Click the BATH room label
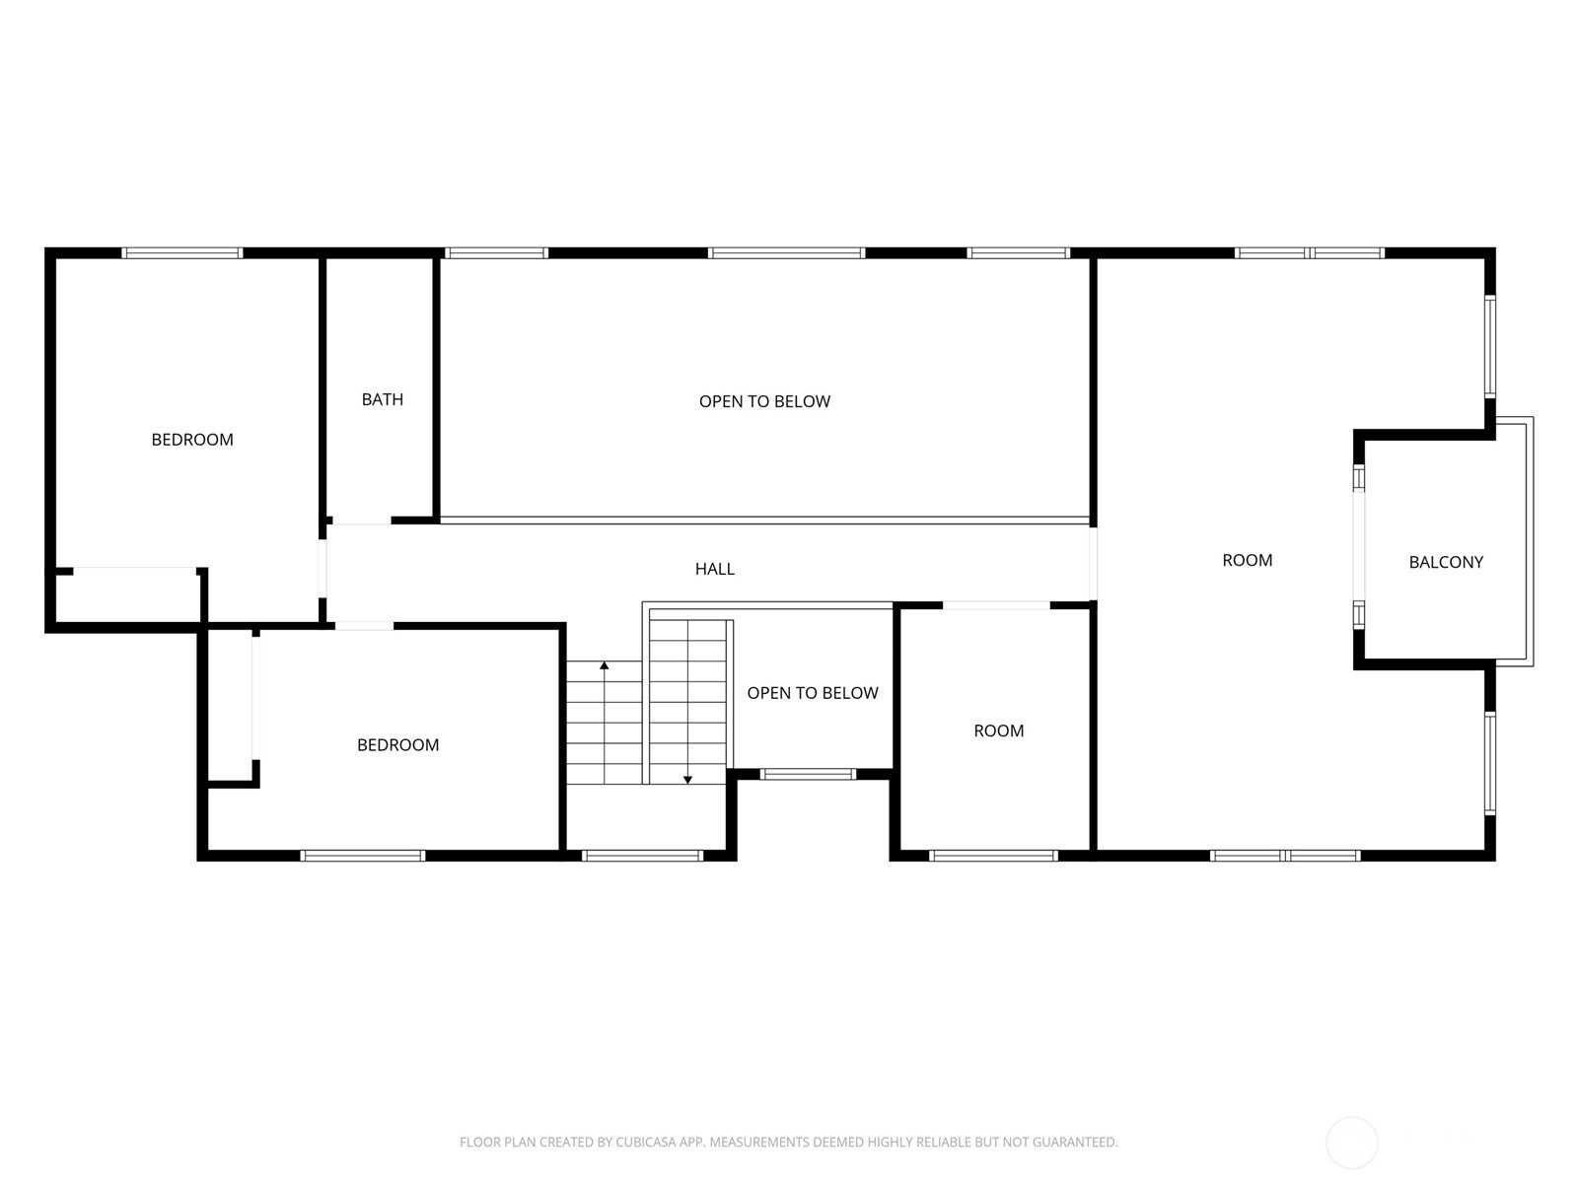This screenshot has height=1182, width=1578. (382, 399)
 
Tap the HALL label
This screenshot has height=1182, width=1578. (714, 569)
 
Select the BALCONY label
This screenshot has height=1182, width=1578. (1445, 562)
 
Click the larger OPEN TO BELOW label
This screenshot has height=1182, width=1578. (764, 401)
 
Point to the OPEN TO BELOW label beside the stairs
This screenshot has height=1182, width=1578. (812, 693)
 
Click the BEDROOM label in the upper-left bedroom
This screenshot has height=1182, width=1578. (192, 440)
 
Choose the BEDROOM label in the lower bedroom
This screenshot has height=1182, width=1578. (397, 745)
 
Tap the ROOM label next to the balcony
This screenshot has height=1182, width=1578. (1247, 560)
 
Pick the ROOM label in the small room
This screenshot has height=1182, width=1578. (998, 730)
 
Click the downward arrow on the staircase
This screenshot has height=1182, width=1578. (687, 779)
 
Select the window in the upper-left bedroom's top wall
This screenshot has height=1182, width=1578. (182, 253)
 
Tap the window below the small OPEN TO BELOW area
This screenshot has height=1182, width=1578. (808, 774)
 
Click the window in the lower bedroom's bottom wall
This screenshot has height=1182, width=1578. (363, 856)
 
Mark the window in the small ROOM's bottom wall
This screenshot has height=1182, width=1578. (993, 856)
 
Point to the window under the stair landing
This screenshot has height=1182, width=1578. (642, 856)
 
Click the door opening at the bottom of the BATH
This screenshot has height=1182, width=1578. (361, 521)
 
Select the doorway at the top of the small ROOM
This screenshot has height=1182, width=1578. (996, 604)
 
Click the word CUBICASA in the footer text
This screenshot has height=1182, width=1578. (646, 1143)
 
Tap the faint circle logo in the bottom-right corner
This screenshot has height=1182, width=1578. (1351, 1143)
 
